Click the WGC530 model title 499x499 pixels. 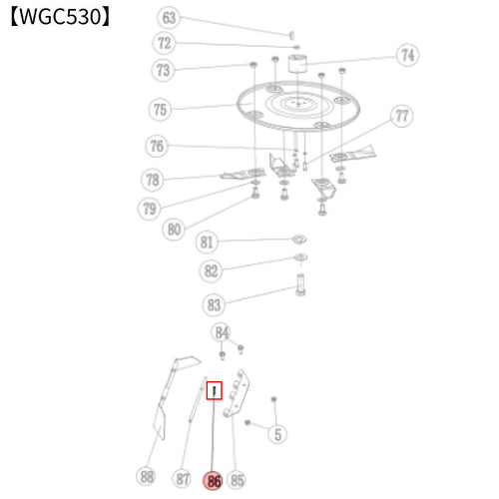coord(60,17)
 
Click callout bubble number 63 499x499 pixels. coord(169,18)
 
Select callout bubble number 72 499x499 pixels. coord(164,43)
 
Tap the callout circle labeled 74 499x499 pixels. coord(407,55)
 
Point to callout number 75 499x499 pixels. coord(160,110)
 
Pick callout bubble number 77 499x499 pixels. coord(401,116)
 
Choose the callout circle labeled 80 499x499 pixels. coord(174,230)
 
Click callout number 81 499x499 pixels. coord(207,242)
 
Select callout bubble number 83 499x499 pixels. coord(214,304)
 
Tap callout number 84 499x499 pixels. coord(222,332)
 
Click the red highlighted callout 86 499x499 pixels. coord(214,481)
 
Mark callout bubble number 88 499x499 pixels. coord(147,476)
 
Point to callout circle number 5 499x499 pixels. coord(277,434)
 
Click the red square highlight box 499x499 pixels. coord(214,390)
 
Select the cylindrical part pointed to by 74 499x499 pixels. coord(297,63)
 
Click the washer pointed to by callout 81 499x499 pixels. coord(299,240)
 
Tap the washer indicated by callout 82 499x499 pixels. coord(300,257)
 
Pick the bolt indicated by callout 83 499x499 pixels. coord(300,284)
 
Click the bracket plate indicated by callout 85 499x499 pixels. coord(237,393)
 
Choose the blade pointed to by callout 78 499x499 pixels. coord(243,174)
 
